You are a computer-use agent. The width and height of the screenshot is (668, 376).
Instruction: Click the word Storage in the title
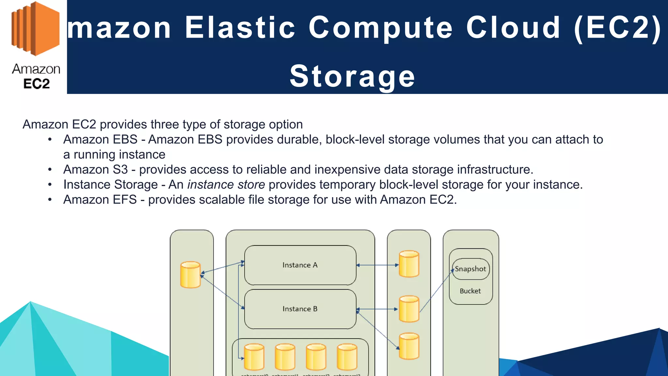(x=352, y=76)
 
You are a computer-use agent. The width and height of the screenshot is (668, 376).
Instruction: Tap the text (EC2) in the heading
(x=617, y=27)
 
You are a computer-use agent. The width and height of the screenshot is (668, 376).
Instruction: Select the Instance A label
(x=300, y=265)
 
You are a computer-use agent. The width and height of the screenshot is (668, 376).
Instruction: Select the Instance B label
(x=300, y=309)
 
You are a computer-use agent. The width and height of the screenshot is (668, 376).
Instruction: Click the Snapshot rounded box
(x=470, y=269)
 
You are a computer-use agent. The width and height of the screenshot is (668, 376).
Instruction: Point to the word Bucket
(x=470, y=291)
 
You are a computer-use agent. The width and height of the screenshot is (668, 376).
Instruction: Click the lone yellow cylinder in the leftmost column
(x=190, y=275)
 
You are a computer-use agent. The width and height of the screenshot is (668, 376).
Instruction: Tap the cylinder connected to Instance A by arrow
(x=409, y=264)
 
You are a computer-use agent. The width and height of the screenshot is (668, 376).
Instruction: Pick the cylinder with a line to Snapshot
(x=409, y=309)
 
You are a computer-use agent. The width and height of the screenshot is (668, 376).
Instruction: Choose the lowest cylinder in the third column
(x=409, y=346)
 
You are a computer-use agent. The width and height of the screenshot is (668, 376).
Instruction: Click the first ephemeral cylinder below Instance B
(x=254, y=357)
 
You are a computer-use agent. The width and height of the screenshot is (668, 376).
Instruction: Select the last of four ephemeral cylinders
(x=347, y=357)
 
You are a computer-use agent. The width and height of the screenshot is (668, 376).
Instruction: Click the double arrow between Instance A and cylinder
(x=377, y=265)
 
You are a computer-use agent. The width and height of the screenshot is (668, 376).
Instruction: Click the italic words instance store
(x=226, y=185)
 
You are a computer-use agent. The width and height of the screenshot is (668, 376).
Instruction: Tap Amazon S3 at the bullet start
(x=95, y=170)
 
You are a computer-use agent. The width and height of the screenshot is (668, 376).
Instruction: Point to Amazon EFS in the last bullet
(x=100, y=200)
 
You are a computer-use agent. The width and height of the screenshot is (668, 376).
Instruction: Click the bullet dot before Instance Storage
(x=50, y=185)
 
